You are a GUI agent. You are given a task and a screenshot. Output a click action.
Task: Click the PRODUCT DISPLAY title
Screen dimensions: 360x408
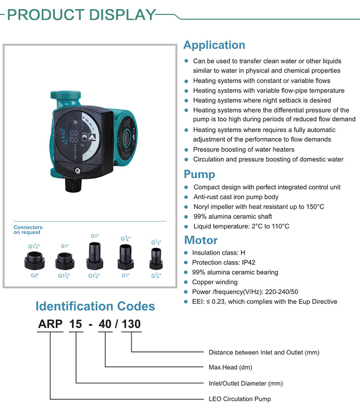point(82,14)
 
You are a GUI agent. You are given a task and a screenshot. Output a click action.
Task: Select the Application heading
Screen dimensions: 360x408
point(215,45)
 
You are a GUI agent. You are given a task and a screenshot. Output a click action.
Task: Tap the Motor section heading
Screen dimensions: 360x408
point(201,240)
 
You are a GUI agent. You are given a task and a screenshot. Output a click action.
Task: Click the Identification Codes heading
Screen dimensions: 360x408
point(95,306)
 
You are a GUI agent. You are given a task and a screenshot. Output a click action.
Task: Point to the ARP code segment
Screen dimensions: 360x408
point(50,324)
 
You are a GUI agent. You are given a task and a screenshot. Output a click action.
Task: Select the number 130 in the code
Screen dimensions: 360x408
point(131,324)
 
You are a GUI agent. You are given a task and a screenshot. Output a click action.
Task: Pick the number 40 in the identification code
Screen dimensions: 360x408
point(105,324)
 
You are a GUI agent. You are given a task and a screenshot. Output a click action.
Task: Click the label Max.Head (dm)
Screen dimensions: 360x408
point(230,367)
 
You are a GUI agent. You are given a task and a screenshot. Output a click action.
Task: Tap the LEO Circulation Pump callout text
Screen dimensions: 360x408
point(240,399)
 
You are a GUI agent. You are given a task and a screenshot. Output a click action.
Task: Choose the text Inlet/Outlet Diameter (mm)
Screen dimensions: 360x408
point(246,384)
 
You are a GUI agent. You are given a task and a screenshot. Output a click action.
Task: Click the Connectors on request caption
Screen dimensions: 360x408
point(28,230)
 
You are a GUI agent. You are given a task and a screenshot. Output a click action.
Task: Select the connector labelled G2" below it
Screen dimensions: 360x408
point(35,261)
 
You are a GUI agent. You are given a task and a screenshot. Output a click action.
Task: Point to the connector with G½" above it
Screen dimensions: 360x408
point(156,259)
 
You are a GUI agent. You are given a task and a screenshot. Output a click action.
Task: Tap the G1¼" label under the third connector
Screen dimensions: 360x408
point(94,276)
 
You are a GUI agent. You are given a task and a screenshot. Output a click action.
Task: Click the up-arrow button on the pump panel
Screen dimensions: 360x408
point(92,137)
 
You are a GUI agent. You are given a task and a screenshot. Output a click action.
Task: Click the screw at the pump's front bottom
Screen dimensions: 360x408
point(77,171)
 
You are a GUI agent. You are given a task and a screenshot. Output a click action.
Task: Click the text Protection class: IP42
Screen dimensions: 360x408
point(224,263)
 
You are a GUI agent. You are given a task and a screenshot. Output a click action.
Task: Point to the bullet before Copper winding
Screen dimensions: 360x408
point(186,282)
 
